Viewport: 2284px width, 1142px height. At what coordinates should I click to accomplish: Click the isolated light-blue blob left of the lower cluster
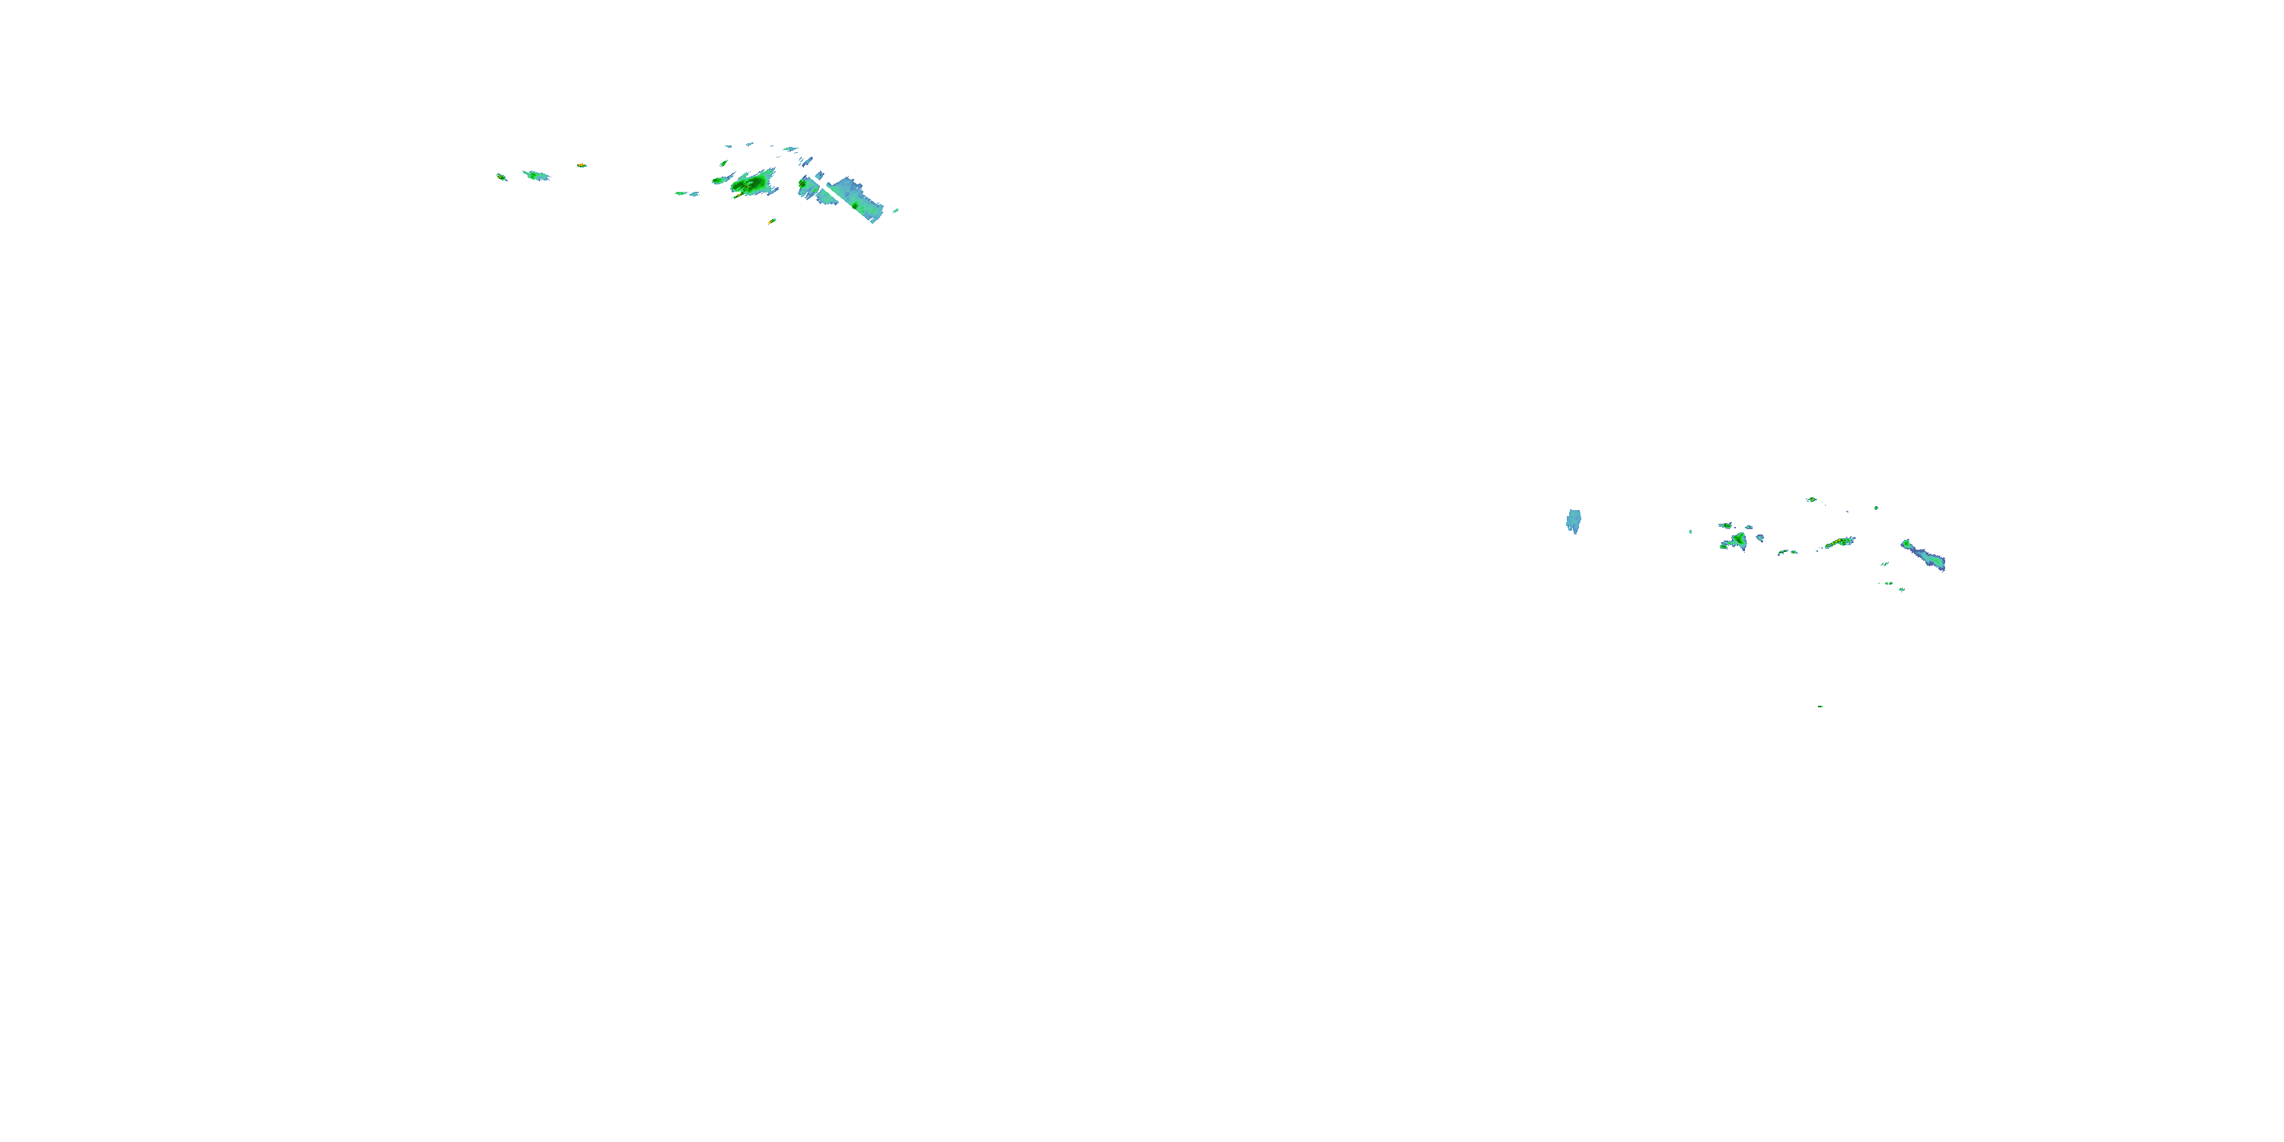[x=1574, y=522]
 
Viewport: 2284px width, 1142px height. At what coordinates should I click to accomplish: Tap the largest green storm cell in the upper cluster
[x=753, y=183]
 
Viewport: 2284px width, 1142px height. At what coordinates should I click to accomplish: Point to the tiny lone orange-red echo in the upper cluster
[x=582, y=166]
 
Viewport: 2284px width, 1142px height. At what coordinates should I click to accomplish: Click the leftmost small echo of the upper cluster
[x=501, y=177]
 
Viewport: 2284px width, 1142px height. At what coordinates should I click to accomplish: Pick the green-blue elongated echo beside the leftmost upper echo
[x=537, y=176]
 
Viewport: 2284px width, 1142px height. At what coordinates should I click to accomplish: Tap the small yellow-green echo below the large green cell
[x=772, y=221]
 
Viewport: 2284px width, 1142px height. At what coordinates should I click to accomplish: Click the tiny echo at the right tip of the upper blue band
[x=895, y=211]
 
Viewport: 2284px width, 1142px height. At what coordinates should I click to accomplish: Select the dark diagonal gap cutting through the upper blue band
[x=821, y=189]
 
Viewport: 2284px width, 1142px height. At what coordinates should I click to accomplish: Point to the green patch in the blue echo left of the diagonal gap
[x=804, y=184]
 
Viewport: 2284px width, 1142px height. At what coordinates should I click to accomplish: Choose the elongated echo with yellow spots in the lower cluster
[x=1840, y=542]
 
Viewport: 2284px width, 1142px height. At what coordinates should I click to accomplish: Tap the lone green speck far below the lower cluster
[x=1820, y=707]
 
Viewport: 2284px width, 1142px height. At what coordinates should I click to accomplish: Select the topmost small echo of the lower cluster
[x=1811, y=499]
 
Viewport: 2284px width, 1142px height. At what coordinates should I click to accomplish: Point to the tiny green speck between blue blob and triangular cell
[x=1690, y=531]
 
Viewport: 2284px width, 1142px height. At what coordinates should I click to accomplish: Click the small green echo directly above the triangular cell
[x=1725, y=525]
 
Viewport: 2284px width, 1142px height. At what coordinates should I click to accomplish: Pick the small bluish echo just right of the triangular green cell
[x=1760, y=538]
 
